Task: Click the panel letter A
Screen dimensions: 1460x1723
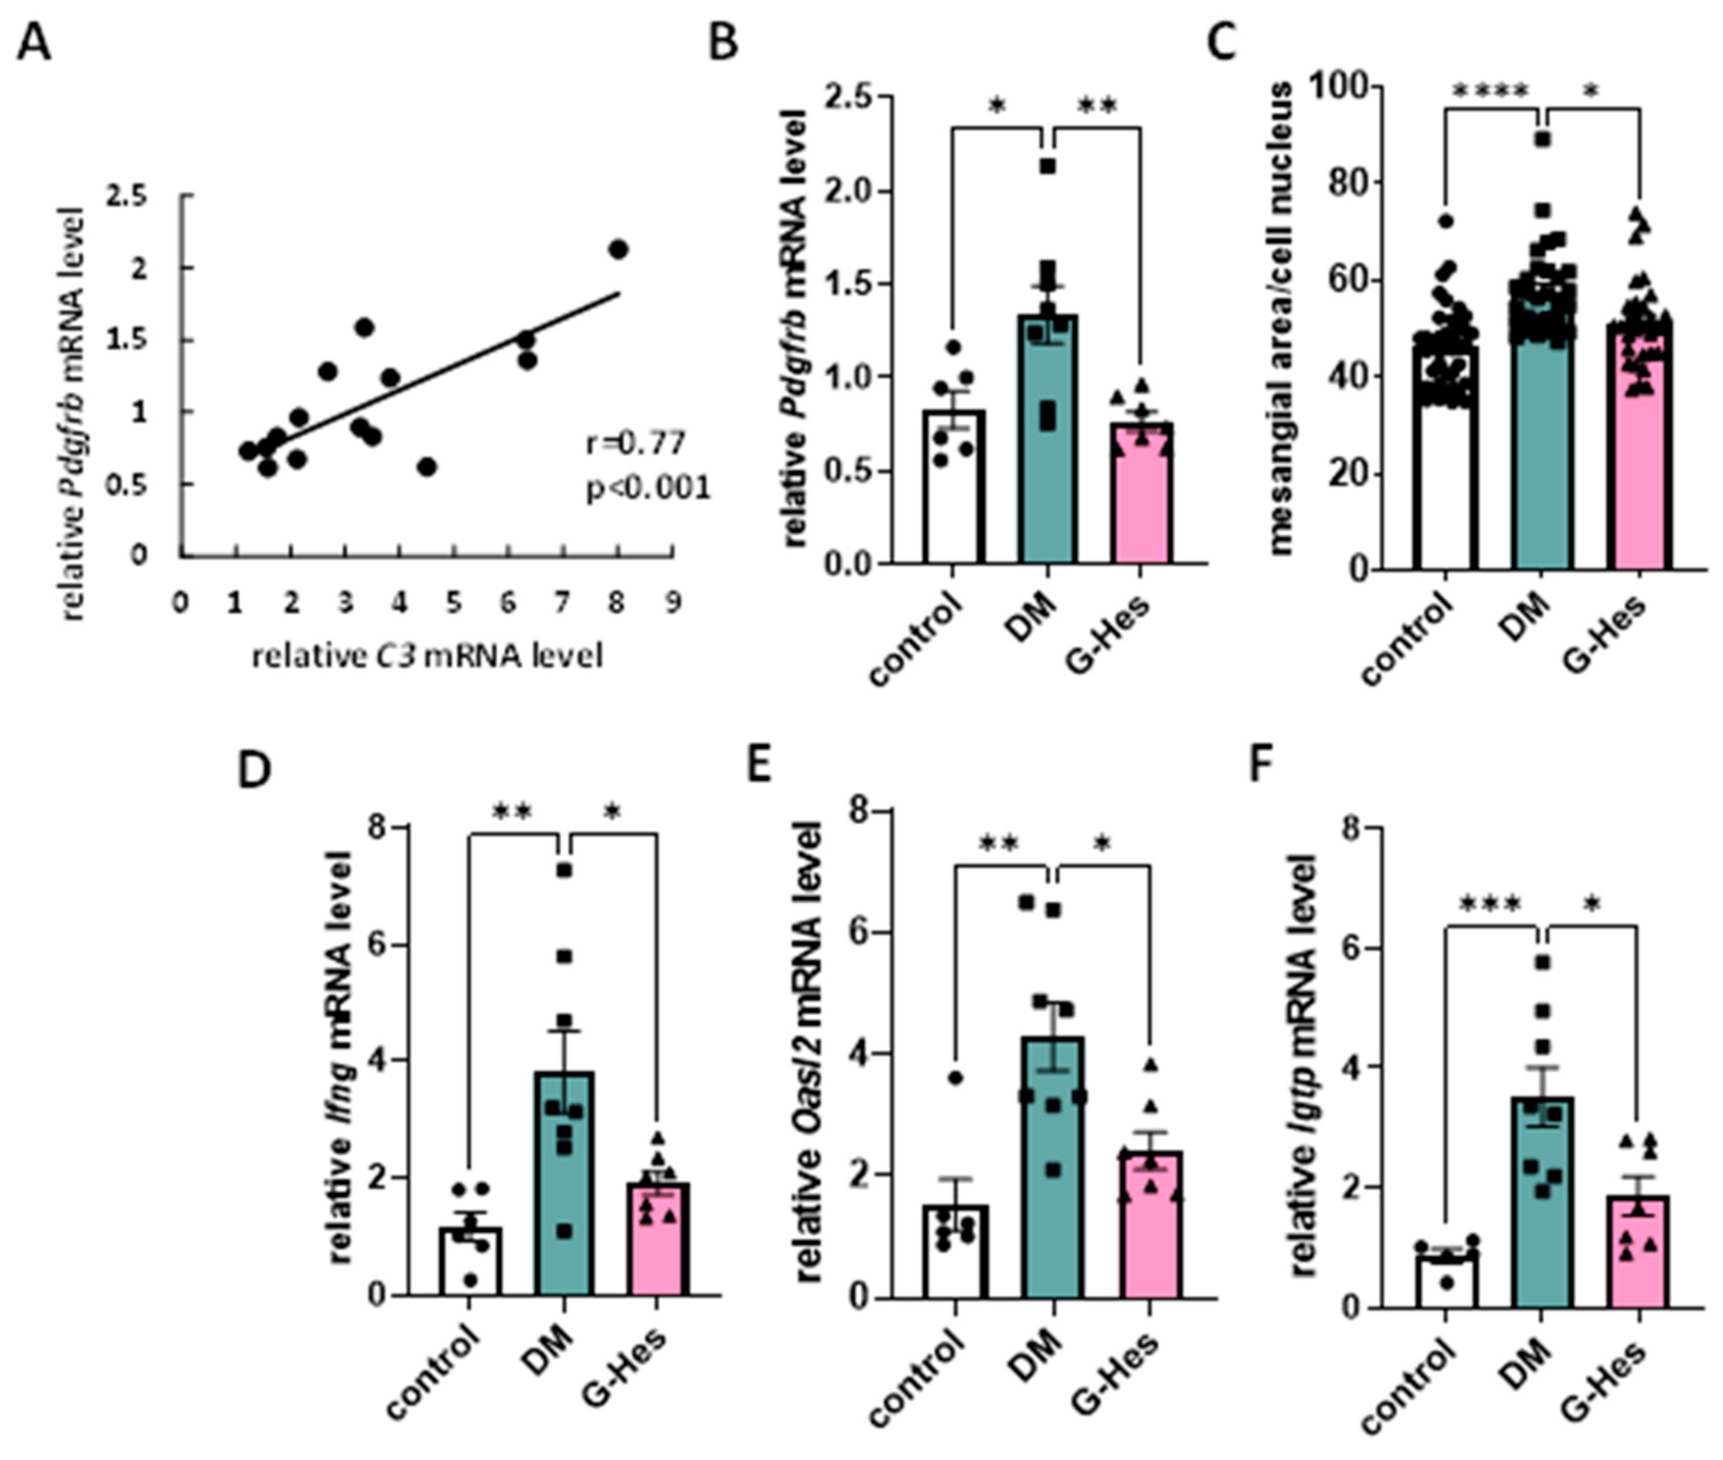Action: [x=34, y=43]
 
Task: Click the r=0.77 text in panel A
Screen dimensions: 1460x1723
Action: [x=635, y=444]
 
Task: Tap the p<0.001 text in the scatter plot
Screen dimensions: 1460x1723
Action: [x=648, y=488]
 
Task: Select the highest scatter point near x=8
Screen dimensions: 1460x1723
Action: [x=618, y=249]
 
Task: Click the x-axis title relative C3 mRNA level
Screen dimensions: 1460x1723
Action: [x=427, y=656]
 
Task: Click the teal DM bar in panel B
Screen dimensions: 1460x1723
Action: [x=1048, y=447]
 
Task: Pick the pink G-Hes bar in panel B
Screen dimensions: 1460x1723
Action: [x=1142, y=497]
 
